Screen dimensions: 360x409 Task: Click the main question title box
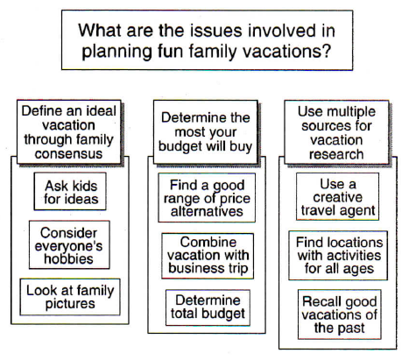pos(204,39)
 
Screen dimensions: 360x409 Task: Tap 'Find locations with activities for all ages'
pos(336,255)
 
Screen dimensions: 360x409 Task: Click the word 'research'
pos(336,155)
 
